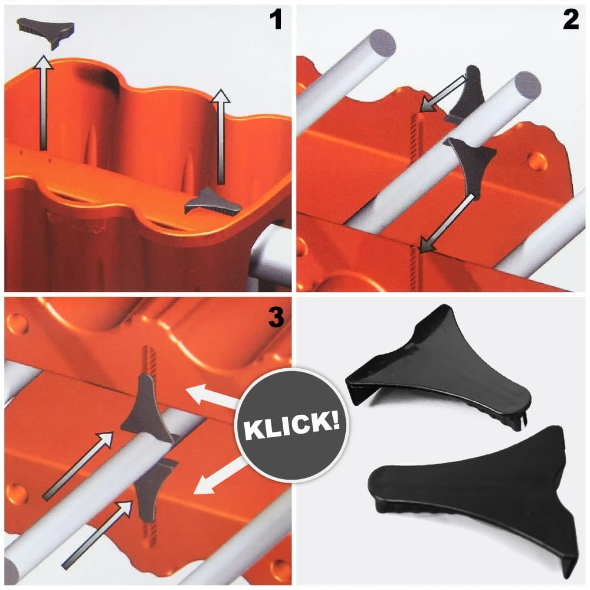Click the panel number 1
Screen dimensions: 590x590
point(276,20)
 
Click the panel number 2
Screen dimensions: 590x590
point(571,20)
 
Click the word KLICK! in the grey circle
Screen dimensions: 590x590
point(291,425)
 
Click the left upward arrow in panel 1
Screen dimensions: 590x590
point(43,103)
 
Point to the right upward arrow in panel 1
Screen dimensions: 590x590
point(221,137)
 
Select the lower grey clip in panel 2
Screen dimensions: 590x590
point(470,163)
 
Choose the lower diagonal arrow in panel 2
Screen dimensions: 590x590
point(446,223)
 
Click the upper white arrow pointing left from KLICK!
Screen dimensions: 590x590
point(212,397)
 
